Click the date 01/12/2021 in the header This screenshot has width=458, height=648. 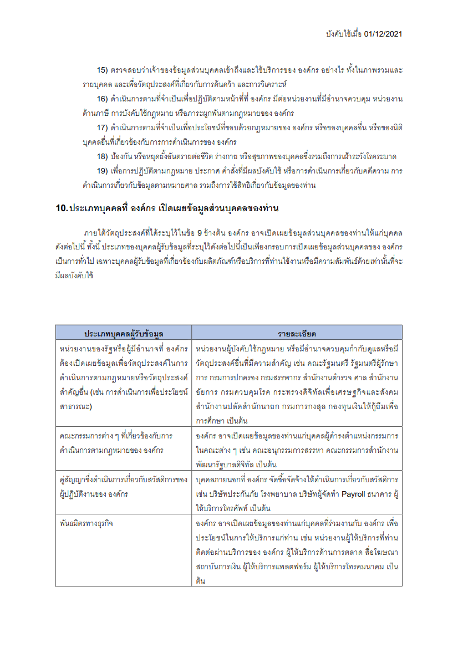pos(383,34)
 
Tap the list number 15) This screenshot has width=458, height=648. pos(102,70)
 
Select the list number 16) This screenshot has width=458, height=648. pos(102,99)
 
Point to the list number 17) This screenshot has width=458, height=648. pos(102,127)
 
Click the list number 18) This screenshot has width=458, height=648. pos(102,156)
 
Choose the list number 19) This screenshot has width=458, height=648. pos(102,171)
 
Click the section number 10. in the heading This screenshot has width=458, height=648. pos(62,208)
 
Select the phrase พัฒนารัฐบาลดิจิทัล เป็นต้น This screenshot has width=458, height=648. pos(236,464)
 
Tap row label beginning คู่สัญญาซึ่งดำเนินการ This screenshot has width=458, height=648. pos(123,478)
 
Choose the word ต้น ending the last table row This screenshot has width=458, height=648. pos(200,580)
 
